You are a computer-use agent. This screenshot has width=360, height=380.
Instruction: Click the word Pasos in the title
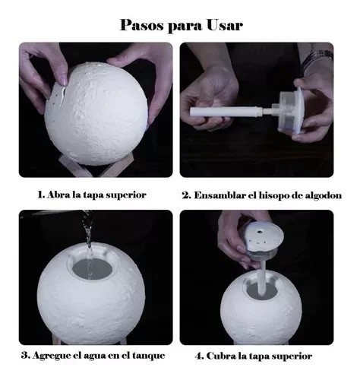coord(142,25)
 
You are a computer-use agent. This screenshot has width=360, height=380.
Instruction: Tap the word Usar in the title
coord(225,25)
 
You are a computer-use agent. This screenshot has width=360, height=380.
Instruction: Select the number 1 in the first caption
coord(41,195)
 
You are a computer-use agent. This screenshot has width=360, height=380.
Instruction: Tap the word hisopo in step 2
coord(273,196)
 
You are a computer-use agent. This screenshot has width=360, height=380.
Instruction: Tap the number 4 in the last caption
coord(200,356)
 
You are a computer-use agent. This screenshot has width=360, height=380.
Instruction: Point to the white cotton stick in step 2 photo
coord(226,112)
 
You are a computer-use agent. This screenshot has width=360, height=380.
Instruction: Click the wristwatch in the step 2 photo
coord(317,57)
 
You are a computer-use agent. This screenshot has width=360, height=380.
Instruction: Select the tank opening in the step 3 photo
coord(92,269)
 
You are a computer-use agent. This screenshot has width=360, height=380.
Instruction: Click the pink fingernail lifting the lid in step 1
coord(64,80)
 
